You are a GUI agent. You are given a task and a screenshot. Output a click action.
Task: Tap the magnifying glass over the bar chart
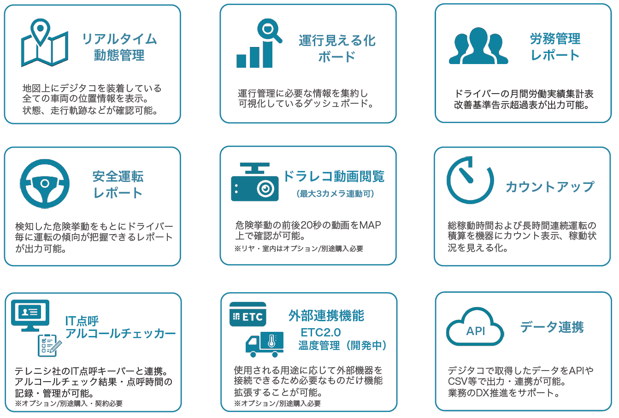pos(269,30)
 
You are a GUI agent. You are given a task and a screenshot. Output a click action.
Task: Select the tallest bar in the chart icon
pos(267,54)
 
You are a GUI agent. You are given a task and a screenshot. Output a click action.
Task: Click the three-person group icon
pos(478,46)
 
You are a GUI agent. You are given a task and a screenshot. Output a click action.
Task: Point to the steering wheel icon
pos(45,184)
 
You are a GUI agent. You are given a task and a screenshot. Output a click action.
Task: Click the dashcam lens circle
pos(265,189)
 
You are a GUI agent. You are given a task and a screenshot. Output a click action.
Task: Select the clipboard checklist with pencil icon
pos(49,345)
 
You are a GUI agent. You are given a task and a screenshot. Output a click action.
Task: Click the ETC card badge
pos(248,314)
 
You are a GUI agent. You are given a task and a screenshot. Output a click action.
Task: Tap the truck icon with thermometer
pos(265,344)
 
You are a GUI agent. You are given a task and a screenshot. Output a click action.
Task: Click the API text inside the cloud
pos(476,331)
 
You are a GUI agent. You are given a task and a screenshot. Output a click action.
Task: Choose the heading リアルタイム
pos(119,39)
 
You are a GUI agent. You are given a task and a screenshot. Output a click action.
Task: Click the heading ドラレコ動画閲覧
pos(334,176)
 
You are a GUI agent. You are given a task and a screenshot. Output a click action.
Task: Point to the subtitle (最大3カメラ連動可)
pos(335,194)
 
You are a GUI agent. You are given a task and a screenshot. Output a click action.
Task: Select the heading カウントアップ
pos(550,187)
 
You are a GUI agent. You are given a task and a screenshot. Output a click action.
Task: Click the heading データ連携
pos(552,327)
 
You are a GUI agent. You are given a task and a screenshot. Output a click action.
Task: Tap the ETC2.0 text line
pos(321,333)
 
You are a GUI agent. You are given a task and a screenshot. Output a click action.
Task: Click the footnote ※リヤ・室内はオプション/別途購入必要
pos(299,249)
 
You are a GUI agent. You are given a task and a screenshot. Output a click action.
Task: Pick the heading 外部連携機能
pos(326,316)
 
